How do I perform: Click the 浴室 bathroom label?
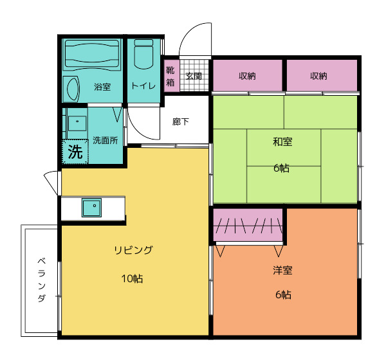click(102, 87)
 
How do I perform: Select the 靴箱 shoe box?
click(170, 76)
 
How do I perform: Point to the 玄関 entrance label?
click(194, 76)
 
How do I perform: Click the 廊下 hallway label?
click(181, 121)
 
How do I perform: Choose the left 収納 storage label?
click(248, 76)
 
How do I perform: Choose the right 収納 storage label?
click(318, 76)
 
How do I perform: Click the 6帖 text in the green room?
click(281, 168)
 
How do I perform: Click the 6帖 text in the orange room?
click(283, 295)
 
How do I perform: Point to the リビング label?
click(133, 251)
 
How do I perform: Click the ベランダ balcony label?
click(41, 280)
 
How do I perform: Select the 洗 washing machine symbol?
click(75, 153)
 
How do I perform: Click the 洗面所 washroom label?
click(105, 139)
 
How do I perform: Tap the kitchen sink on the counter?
click(91, 208)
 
